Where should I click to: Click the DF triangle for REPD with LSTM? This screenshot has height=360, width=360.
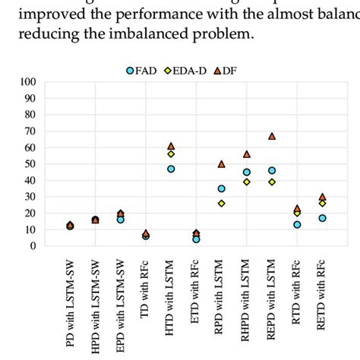pos(272,137)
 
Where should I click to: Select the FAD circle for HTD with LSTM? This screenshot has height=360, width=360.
pos(171,169)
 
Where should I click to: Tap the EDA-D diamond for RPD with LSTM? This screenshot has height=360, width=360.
pos(221,204)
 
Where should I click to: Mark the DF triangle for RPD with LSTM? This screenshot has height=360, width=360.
pos(221,164)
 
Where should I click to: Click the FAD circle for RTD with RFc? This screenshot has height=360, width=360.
pos(297,225)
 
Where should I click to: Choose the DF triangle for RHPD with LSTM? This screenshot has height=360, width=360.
pos(246,154)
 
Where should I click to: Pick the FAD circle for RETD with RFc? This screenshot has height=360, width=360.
pos(322,218)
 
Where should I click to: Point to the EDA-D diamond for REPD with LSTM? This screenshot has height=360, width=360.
pos(272,182)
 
